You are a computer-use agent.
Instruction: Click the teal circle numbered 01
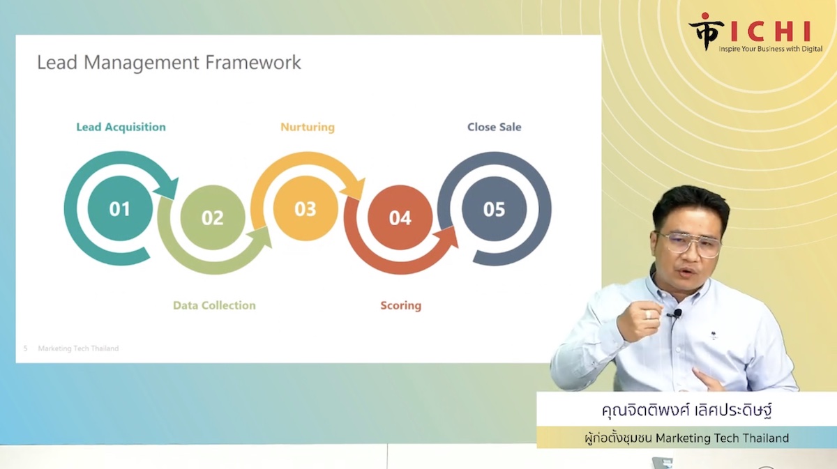point(120,208)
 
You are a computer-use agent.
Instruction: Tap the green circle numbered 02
point(213,217)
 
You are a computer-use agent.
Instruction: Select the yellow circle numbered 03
point(306,208)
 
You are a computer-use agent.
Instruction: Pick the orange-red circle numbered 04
point(400,217)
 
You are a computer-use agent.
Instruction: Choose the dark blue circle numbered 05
point(494,209)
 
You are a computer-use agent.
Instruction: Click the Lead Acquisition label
point(121,128)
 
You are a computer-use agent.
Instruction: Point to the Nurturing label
point(308,128)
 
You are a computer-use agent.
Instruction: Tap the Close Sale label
point(494,127)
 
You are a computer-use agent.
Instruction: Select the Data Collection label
point(214,305)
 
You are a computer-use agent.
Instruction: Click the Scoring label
point(400,306)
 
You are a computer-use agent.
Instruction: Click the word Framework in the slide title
point(253,62)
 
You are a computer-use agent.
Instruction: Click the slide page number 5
point(25,348)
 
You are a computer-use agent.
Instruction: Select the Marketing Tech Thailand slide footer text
point(78,348)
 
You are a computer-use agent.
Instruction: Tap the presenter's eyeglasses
point(690,244)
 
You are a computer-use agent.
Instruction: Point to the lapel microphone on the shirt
point(676,314)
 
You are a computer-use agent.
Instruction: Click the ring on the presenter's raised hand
point(648,314)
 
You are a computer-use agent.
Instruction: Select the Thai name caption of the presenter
point(687,410)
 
